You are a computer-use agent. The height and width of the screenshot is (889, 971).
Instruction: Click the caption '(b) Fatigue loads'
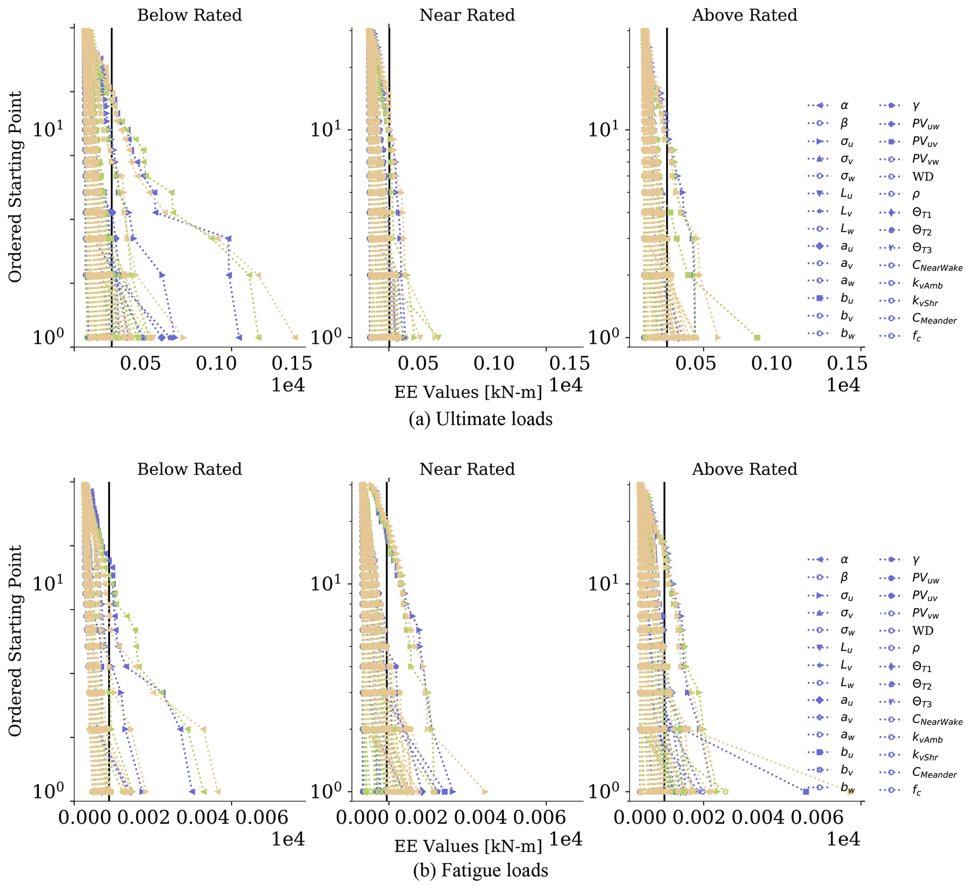(480, 870)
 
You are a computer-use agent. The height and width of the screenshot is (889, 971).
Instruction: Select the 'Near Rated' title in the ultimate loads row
(467, 15)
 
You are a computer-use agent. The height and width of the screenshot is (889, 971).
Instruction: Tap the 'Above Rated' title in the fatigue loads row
(744, 469)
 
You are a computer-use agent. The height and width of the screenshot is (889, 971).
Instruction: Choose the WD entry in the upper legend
(922, 177)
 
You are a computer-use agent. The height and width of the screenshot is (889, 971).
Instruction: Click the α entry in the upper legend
(844, 106)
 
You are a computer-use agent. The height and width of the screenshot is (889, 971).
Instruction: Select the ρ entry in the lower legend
(916, 648)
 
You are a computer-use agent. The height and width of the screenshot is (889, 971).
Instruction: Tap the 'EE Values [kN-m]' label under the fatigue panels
(468, 846)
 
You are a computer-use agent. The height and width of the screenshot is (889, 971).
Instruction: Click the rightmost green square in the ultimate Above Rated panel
(757, 337)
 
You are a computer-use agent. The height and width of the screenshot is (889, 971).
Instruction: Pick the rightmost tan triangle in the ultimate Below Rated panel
(295, 337)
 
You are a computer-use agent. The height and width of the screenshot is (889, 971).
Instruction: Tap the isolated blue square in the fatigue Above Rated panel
(806, 791)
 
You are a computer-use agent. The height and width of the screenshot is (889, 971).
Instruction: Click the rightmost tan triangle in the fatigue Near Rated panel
(485, 791)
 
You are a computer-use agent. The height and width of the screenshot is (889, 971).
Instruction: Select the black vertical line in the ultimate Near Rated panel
(389, 193)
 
